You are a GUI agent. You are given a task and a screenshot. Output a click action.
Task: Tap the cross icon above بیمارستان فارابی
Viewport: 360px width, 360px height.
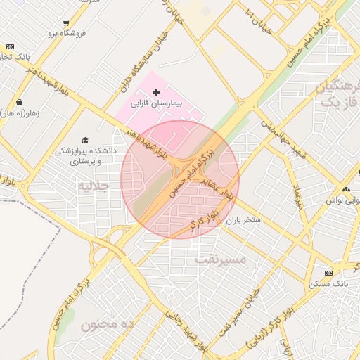coord(156,93)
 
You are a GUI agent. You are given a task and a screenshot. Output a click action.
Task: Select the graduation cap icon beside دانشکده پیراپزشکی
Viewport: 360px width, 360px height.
coord(85,140)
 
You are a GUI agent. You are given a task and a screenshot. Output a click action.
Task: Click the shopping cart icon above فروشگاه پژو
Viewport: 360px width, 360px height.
coord(66,23)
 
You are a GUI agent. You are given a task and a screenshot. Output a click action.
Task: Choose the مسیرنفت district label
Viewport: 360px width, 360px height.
coord(220,260)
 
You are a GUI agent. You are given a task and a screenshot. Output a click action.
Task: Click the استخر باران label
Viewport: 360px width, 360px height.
coord(243,220)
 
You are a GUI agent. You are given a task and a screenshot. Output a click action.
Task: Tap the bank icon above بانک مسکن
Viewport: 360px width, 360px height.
coord(328,273)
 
